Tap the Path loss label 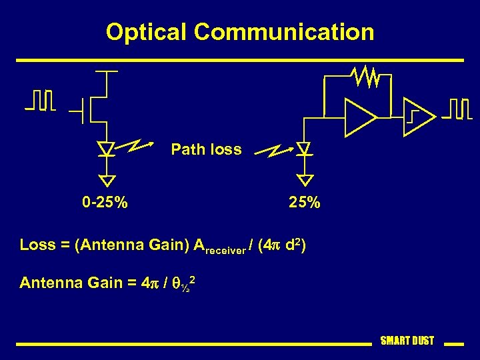point(206,149)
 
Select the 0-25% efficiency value point(105,202)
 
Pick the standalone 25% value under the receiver point(305,202)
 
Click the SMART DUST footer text point(407,341)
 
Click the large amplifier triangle point(361,116)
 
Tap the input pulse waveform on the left point(40,100)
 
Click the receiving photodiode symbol point(305,149)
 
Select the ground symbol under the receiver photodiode point(305,179)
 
